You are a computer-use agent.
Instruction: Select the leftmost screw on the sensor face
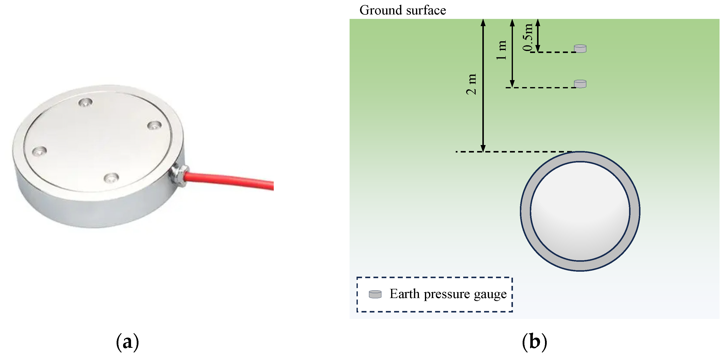click(39, 151)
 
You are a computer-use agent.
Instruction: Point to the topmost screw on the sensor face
click(85, 102)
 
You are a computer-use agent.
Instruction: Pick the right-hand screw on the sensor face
click(155, 125)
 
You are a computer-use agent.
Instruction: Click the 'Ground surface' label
click(403, 10)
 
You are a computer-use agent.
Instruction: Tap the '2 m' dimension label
click(471, 84)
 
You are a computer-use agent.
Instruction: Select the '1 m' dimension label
click(501, 50)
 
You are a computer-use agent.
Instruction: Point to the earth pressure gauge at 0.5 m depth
click(580, 49)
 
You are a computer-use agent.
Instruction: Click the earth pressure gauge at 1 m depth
click(580, 84)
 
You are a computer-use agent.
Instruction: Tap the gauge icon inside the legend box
click(375, 294)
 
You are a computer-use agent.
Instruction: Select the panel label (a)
click(128, 342)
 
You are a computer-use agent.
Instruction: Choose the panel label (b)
click(534, 342)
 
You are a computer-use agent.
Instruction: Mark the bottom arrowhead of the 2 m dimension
click(483, 148)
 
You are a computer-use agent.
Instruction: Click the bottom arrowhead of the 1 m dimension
click(512, 84)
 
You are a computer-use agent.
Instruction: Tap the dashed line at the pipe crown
click(514, 152)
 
